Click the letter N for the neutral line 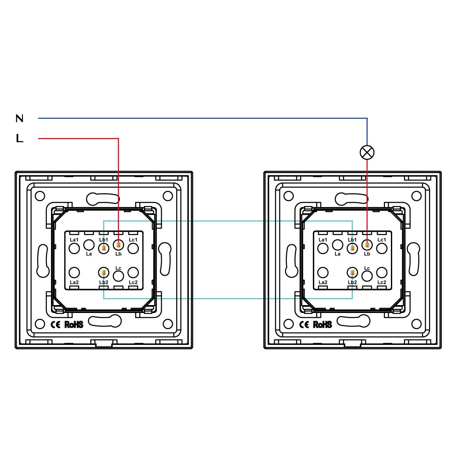tap(19, 119)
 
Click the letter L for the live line tap(19, 138)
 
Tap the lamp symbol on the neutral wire tap(367, 152)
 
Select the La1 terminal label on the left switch tap(74, 240)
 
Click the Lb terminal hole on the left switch tap(119, 245)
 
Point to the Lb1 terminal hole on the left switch tap(104, 248)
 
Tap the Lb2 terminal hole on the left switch tap(104, 273)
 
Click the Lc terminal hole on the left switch tap(119, 276)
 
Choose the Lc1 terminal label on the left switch tap(133, 240)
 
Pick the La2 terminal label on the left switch tap(74, 282)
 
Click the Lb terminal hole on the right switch tap(367, 245)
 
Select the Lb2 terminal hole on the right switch tap(352, 273)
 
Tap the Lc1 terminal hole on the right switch tap(382, 248)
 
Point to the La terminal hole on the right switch tap(337, 245)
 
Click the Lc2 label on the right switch tap(382, 282)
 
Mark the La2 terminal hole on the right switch tap(323, 272)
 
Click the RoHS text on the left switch tap(74, 324)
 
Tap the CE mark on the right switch tap(304, 324)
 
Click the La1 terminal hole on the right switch tap(323, 248)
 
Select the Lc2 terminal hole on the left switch tap(133, 272)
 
